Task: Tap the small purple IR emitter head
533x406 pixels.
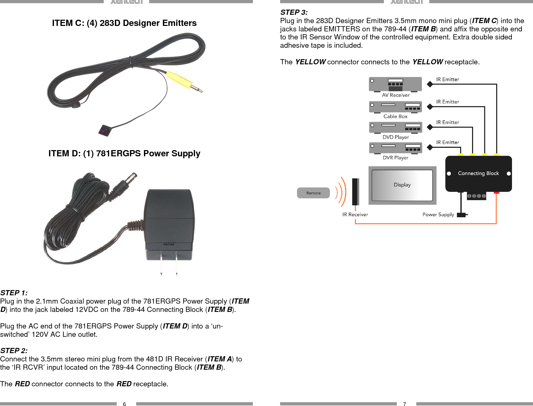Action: tap(105, 130)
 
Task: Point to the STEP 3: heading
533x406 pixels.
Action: tap(294, 12)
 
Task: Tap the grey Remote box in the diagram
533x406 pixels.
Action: tap(313, 193)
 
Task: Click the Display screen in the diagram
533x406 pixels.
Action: tap(402, 185)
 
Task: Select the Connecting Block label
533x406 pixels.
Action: tap(478, 173)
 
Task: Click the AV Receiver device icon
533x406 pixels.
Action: tap(395, 84)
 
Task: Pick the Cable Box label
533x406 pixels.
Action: tap(395, 116)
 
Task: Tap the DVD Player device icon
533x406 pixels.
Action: tap(395, 127)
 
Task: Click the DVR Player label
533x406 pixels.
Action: tap(395, 158)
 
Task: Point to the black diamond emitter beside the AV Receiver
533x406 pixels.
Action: tap(430, 84)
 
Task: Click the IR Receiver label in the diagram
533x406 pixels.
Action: tap(355, 214)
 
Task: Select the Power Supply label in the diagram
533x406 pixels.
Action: tap(438, 214)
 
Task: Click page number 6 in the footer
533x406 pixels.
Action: tap(124, 404)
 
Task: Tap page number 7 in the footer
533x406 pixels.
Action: tap(404, 404)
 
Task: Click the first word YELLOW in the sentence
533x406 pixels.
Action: tap(310, 62)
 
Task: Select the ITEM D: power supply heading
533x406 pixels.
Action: tap(124, 153)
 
